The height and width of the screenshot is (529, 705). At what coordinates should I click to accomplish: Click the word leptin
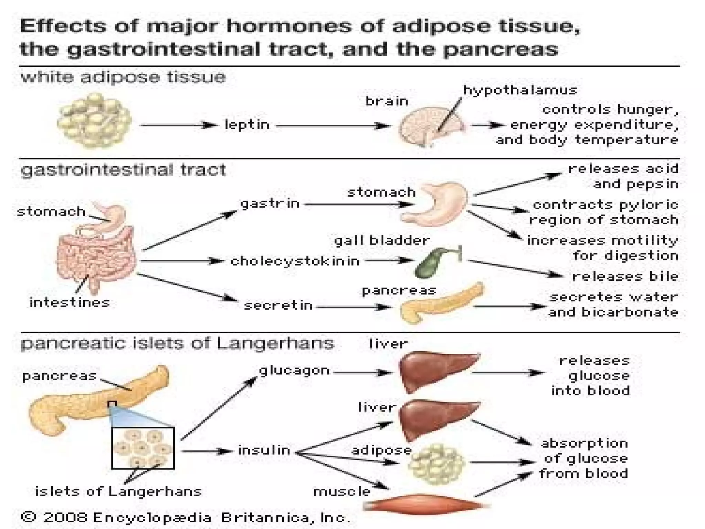click(247, 125)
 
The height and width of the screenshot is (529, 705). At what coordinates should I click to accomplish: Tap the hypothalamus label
click(520, 90)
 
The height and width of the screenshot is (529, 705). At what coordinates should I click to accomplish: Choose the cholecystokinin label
click(295, 261)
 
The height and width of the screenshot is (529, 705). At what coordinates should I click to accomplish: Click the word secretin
click(278, 305)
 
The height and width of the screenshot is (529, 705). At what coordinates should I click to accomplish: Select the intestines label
click(70, 303)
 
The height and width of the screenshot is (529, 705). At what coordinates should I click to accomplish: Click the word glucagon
click(294, 371)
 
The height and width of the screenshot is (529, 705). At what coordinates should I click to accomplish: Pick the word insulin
click(264, 450)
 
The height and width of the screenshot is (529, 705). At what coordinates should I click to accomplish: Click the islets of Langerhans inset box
click(143, 448)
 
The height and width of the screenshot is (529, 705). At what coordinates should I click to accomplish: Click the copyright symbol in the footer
click(29, 517)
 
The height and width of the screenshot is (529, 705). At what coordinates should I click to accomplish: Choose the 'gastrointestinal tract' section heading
click(123, 170)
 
